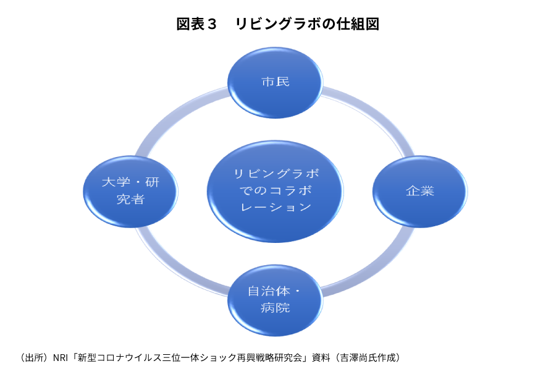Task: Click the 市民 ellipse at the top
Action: click(275, 82)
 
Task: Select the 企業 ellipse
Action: click(419, 191)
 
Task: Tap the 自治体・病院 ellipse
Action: click(275, 299)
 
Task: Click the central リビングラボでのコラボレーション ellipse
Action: click(275, 190)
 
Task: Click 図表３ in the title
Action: click(197, 24)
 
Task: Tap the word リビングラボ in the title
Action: click(277, 24)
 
